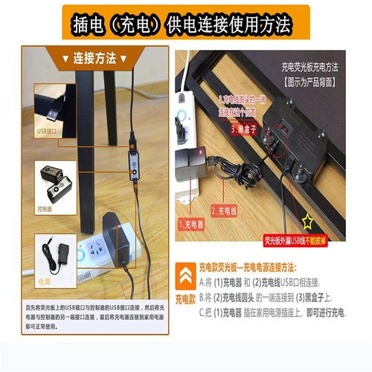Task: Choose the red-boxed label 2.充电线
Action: pyautogui.click(x=226, y=211)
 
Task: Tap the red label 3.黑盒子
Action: pyautogui.click(x=245, y=129)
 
